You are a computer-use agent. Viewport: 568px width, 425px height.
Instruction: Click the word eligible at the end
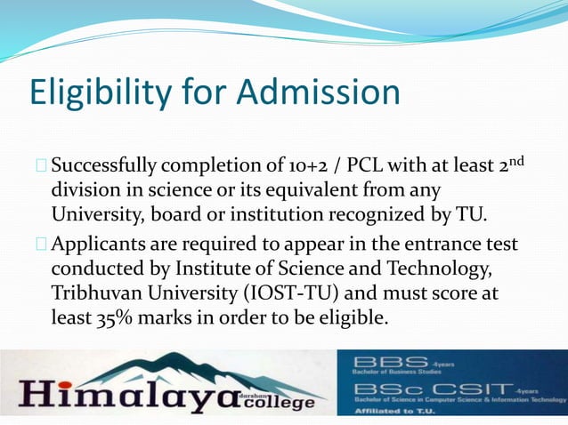(x=354, y=317)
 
